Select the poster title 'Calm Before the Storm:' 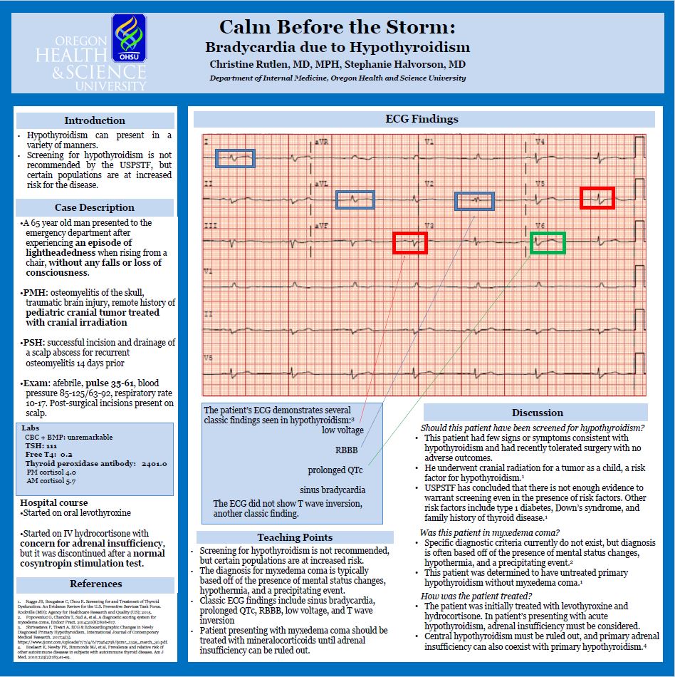tap(337, 27)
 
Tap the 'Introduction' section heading tap(95, 120)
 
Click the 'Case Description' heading tap(95, 207)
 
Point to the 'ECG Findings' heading tap(422, 119)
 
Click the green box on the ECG tap(548, 243)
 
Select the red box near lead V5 tap(597, 197)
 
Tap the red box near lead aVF tap(410, 243)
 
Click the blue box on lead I tap(235, 158)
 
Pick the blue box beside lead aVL tap(355, 200)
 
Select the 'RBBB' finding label tap(346, 450)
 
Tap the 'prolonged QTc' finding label tap(335, 470)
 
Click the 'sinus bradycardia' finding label tap(333, 490)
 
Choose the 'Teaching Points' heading tap(294, 537)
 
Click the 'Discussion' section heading tap(537, 413)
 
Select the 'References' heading tap(95, 584)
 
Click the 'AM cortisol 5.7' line tap(51, 482)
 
